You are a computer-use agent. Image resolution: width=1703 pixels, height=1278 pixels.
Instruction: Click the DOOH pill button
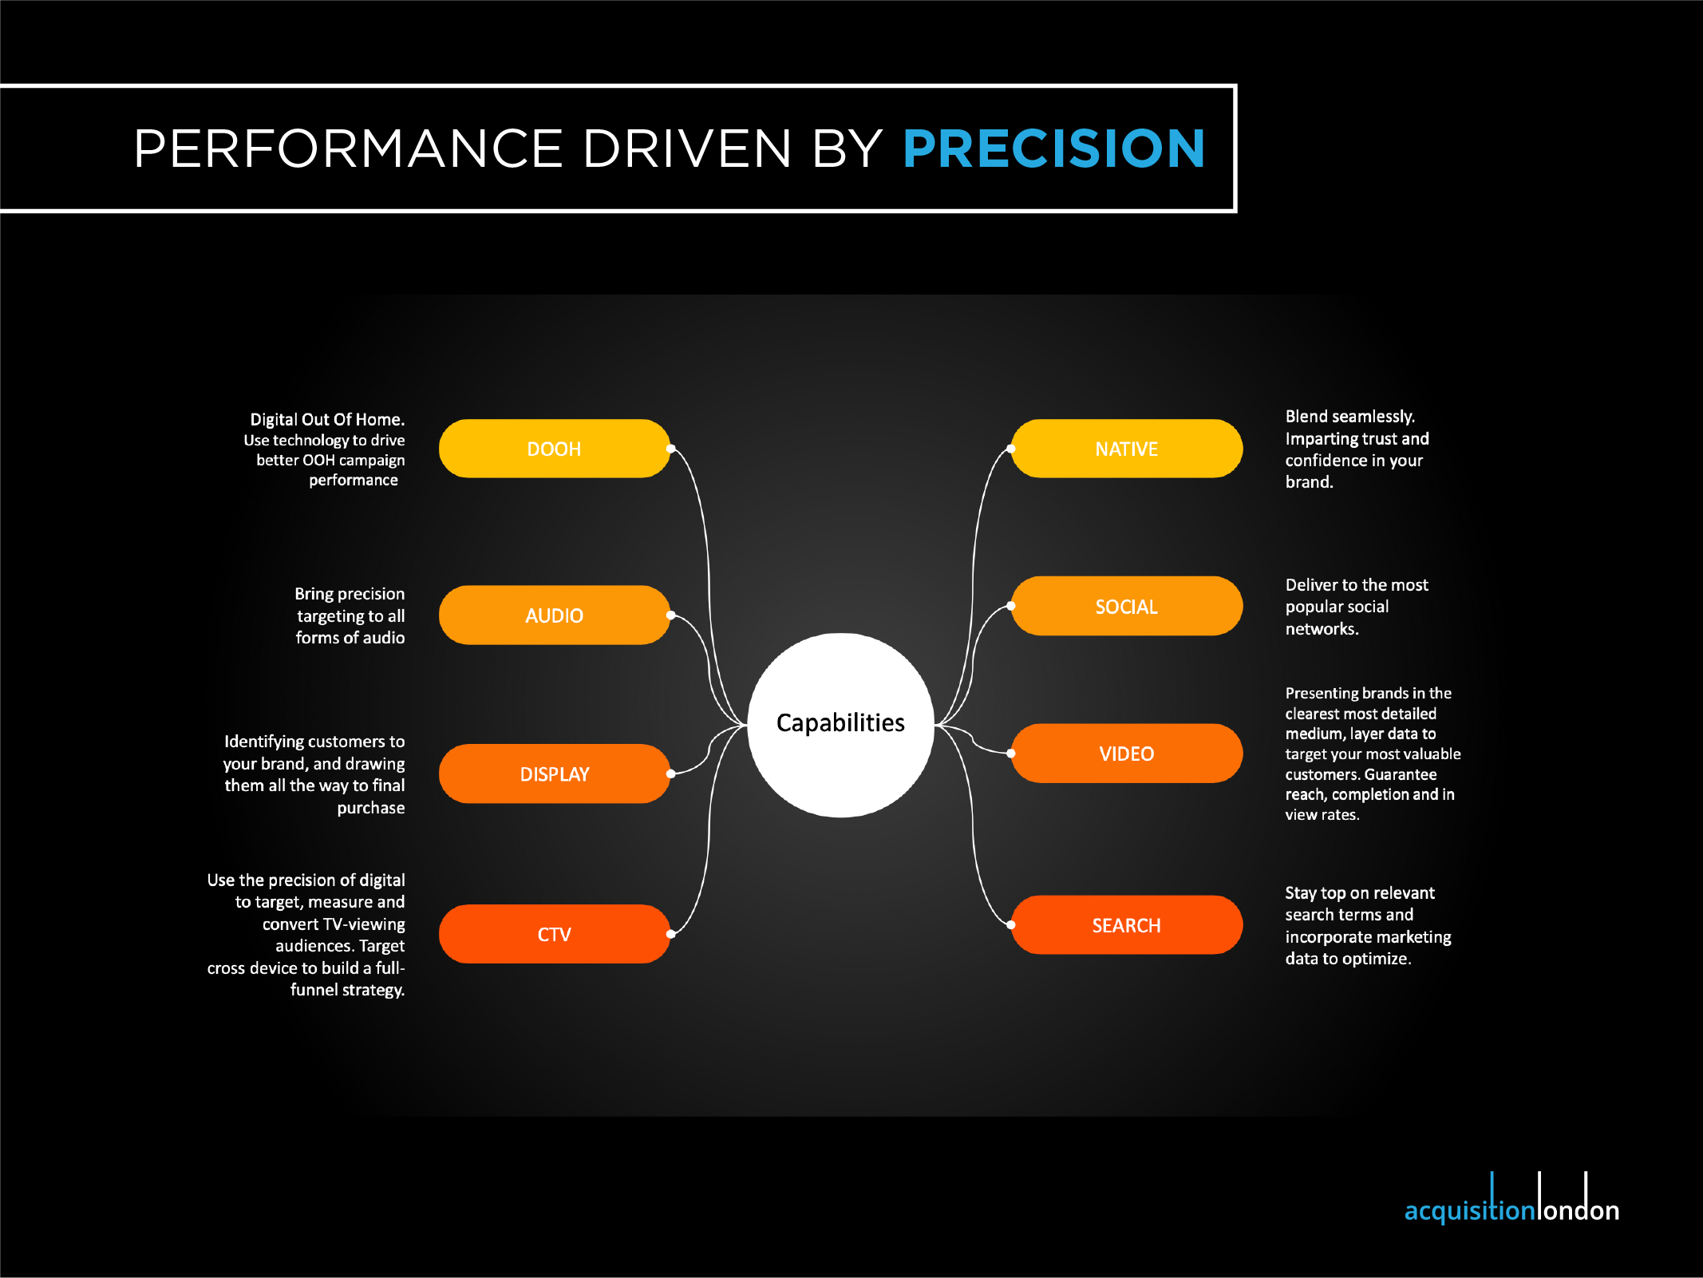pyautogui.click(x=554, y=449)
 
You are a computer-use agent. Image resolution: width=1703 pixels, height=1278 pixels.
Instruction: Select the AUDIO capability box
pyautogui.click(x=554, y=615)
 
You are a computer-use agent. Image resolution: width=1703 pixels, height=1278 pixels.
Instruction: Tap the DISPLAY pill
pyautogui.click(x=554, y=774)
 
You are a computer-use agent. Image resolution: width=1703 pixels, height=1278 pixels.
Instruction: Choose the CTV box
pyautogui.click(x=554, y=934)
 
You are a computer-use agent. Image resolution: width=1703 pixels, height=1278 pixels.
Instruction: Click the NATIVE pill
pyautogui.click(x=1127, y=449)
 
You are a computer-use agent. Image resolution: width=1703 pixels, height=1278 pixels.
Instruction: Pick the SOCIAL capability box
pyautogui.click(x=1127, y=606)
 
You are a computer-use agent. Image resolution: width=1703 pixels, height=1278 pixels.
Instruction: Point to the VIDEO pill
pyautogui.click(x=1127, y=754)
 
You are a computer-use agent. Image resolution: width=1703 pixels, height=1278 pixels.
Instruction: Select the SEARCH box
pyautogui.click(x=1127, y=925)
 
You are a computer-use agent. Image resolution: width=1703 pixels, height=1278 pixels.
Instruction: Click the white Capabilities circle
pyautogui.click(x=840, y=725)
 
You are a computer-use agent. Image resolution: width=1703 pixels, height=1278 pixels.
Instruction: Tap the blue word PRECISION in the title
pyautogui.click(x=1053, y=148)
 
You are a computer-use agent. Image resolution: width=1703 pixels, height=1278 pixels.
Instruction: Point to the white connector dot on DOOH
pyautogui.click(x=671, y=449)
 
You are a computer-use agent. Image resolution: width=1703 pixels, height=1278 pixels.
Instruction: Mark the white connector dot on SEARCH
pyautogui.click(x=1011, y=925)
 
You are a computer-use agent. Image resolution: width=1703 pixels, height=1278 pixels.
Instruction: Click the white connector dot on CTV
pyautogui.click(x=671, y=934)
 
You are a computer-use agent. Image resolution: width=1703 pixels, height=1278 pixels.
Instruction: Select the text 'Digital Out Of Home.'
pyautogui.click(x=327, y=420)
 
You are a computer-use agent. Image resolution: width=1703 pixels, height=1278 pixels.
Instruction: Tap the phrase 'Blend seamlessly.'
pyautogui.click(x=1349, y=417)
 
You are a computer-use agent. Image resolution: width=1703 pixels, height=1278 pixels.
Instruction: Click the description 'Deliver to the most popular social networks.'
pyautogui.click(x=1357, y=607)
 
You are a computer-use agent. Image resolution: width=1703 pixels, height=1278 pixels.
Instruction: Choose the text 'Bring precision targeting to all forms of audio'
pyautogui.click(x=350, y=615)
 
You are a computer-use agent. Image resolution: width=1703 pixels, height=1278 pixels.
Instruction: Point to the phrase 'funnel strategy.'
pyautogui.click(x=347, y=991)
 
